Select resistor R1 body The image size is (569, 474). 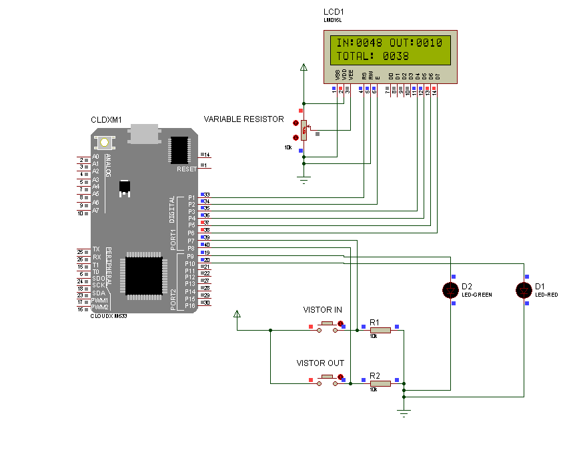click(380, 329)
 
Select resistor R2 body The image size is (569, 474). click(380, 383)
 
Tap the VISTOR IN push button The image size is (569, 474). click(327, 325)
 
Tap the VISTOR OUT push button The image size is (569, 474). click(327, 379)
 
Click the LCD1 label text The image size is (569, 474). click(334, 13)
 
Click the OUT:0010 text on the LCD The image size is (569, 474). click(416, 43)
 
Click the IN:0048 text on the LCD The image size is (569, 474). click(359, 43)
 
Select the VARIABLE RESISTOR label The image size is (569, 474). click(243, 119)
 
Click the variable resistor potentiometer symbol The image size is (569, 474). click(304, 130)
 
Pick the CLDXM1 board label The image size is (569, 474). click(106, 120)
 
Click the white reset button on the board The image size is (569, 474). click(104, 142)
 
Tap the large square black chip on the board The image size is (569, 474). click(141, 271)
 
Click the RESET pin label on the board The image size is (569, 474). click(186, 169)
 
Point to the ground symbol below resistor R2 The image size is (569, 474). click(404, 413)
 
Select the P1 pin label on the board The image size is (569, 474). click(191, 197)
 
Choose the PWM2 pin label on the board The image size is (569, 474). click(100, 307)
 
